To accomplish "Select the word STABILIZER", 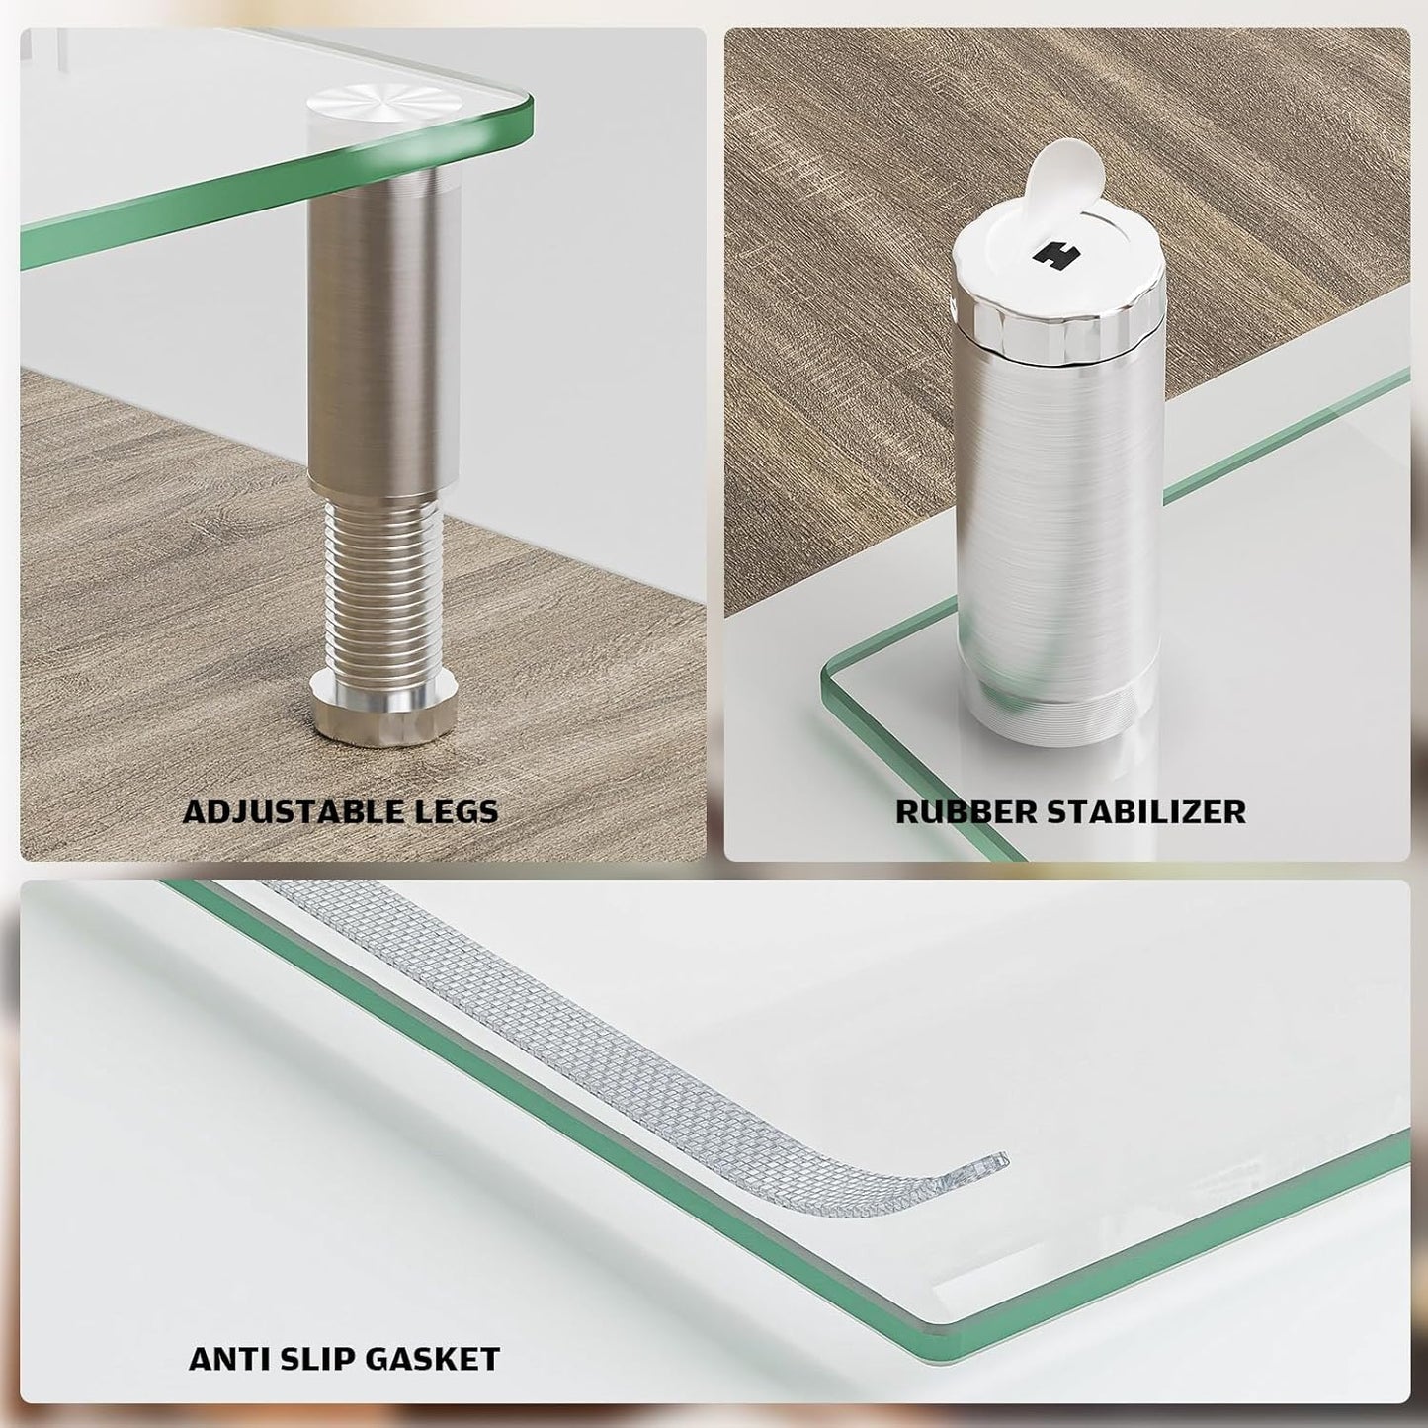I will (1145, 812).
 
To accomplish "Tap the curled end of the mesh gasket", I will (978, 1164).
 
